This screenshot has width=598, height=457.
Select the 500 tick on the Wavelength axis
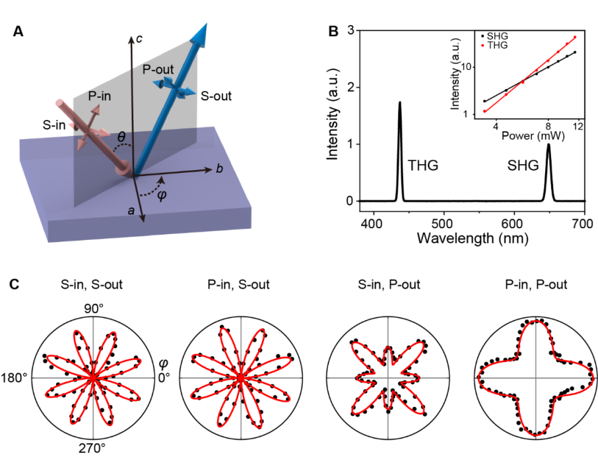point(444,223)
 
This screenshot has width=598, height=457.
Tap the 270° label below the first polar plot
point(93,448)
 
